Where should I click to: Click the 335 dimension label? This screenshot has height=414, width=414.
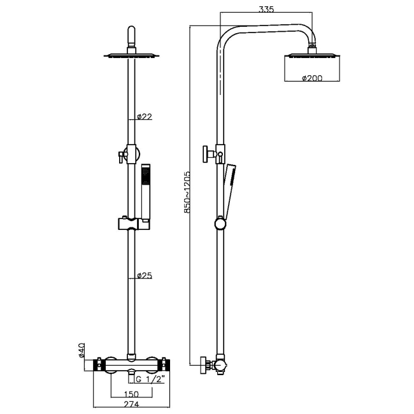point(267,10)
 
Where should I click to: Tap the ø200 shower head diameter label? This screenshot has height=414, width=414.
point(311,78)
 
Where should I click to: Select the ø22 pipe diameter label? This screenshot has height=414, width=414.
point(145,117)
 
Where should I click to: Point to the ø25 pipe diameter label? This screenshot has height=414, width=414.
point(145,276)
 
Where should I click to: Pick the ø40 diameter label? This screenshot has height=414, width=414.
point(82,350)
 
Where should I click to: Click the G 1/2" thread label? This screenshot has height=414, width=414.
point(150,379)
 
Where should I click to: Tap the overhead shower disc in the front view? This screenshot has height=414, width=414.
point(131,57)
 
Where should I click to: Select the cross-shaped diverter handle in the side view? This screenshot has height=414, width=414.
point(208,153)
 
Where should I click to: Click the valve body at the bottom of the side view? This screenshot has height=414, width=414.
point(218,365)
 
